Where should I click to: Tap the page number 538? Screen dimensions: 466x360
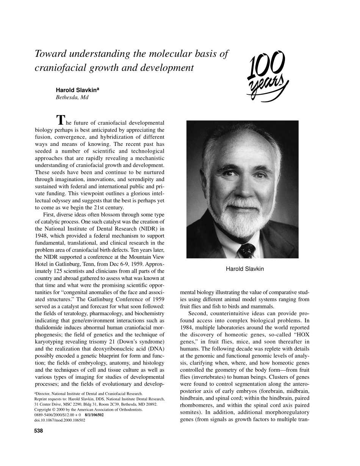click(x=39, y=430)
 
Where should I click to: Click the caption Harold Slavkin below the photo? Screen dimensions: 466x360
click(x=244, y=269)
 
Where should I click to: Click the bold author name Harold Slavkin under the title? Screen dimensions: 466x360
click(x=77, y=90)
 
